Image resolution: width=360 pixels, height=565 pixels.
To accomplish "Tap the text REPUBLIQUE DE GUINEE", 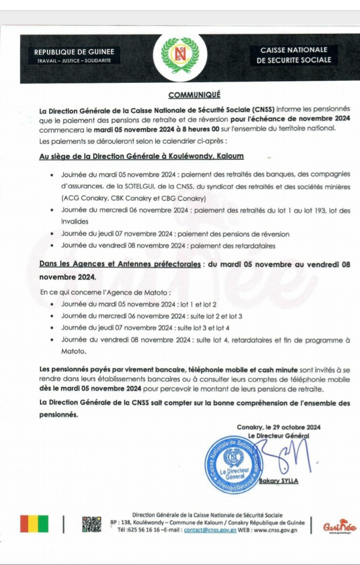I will [x=74, y=52].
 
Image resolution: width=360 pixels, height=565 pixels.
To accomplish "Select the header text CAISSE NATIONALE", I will [x=294, y=50].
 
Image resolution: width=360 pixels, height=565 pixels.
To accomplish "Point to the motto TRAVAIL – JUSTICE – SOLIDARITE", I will [x=74, y=61].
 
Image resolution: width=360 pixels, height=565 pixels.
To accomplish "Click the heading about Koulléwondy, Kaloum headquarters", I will [x=141, y=157].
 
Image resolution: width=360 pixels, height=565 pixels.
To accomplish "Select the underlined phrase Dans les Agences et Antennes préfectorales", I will [x=120, y=264].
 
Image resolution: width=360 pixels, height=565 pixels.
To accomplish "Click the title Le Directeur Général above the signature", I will [x=279, y=435].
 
